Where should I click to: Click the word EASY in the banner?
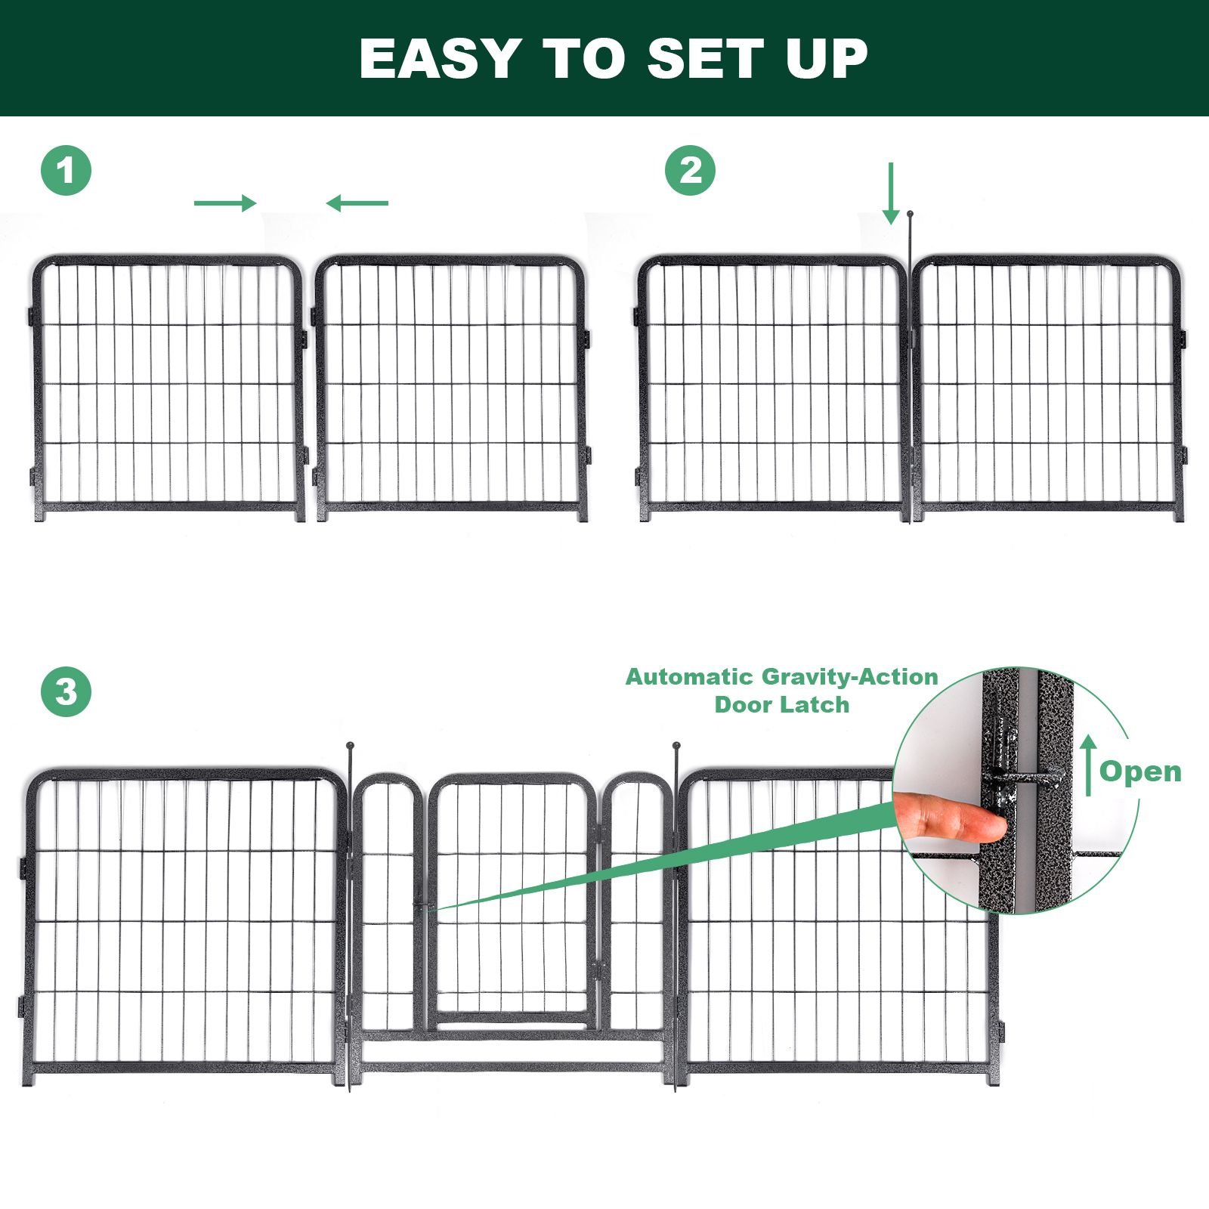(440, 58)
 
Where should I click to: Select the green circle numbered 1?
(66, 171)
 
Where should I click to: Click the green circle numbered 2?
(690, 171)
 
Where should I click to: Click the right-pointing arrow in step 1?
(225, 203)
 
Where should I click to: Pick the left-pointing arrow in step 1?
(357, 203)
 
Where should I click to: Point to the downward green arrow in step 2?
(892, 193)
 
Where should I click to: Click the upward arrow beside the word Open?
(1088, 766)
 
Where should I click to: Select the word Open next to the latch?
(1140, 771)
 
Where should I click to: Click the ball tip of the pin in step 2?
(910, 215)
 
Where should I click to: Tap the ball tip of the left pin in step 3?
(349, 747)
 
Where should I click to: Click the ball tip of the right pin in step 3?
(676, 747)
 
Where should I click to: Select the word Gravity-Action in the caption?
(850, 677)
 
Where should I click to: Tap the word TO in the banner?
(583, 58)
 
